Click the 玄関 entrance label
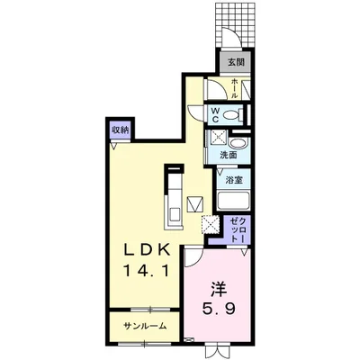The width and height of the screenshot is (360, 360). pyautogui.click(x=235, y=62)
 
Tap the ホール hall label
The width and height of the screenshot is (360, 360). pyautogui.click(x=235, y=87)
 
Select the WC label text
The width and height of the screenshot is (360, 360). pyautogui.click(x=216, y=114)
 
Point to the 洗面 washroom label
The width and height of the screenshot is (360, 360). pyautogui.click(x=229, y=156)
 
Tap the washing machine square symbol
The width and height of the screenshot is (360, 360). pyautogui.click(x=217, y=138)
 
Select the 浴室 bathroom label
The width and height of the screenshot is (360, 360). pyautogui.click(x=232, y=179)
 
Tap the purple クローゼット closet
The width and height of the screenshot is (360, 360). pyautogui.click(x=234, y=231)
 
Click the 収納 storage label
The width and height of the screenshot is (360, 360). pyautogui.click(x=120, y=129)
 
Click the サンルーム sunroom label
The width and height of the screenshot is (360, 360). pyautogui.click(x=145, y=326)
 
